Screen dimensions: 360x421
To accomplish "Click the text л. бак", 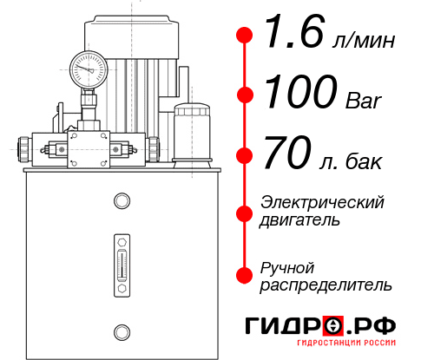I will pos(354,160).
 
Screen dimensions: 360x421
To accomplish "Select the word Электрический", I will pos(322,202).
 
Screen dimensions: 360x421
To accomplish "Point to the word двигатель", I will pos(300,219).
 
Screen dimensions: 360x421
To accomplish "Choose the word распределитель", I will pos(326,284).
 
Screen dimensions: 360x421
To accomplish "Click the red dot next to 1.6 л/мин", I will pos(246,36).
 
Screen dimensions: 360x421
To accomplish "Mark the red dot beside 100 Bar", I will pos(246,95).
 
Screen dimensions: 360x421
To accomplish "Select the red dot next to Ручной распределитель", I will pos(246,274).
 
